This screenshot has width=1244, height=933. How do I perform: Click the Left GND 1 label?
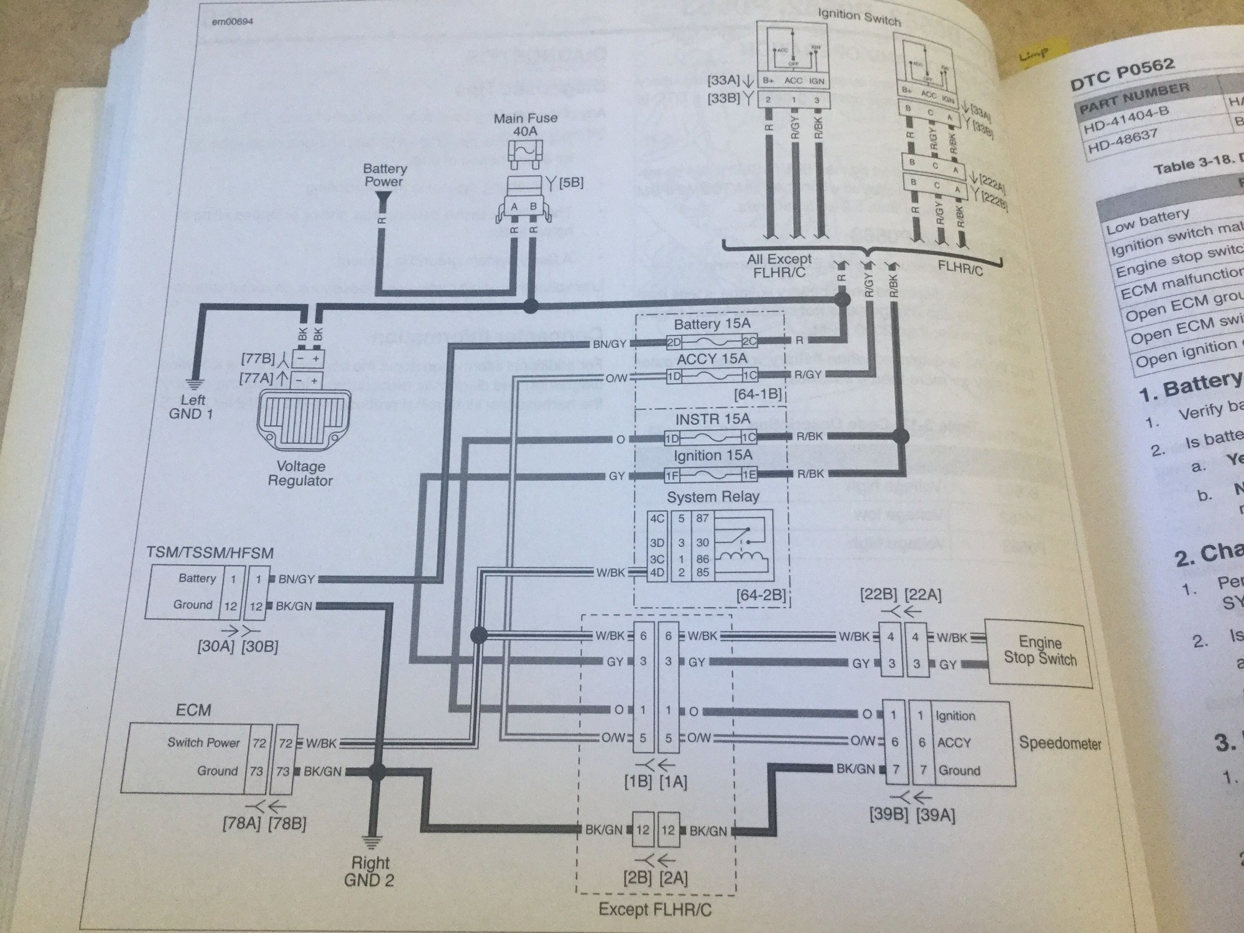pos(191,406)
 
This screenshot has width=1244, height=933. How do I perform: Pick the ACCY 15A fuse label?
pos(712,360)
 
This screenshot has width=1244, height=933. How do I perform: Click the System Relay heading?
pos(713,497)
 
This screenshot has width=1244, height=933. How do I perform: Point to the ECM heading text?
pos(193,710)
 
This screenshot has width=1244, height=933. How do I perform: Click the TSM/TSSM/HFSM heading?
pos(210,552)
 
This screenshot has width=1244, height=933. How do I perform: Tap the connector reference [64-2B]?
pos(768,596)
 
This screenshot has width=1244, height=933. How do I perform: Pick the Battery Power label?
pos(385,175)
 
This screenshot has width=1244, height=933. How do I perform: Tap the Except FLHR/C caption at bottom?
pos(655,910)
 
